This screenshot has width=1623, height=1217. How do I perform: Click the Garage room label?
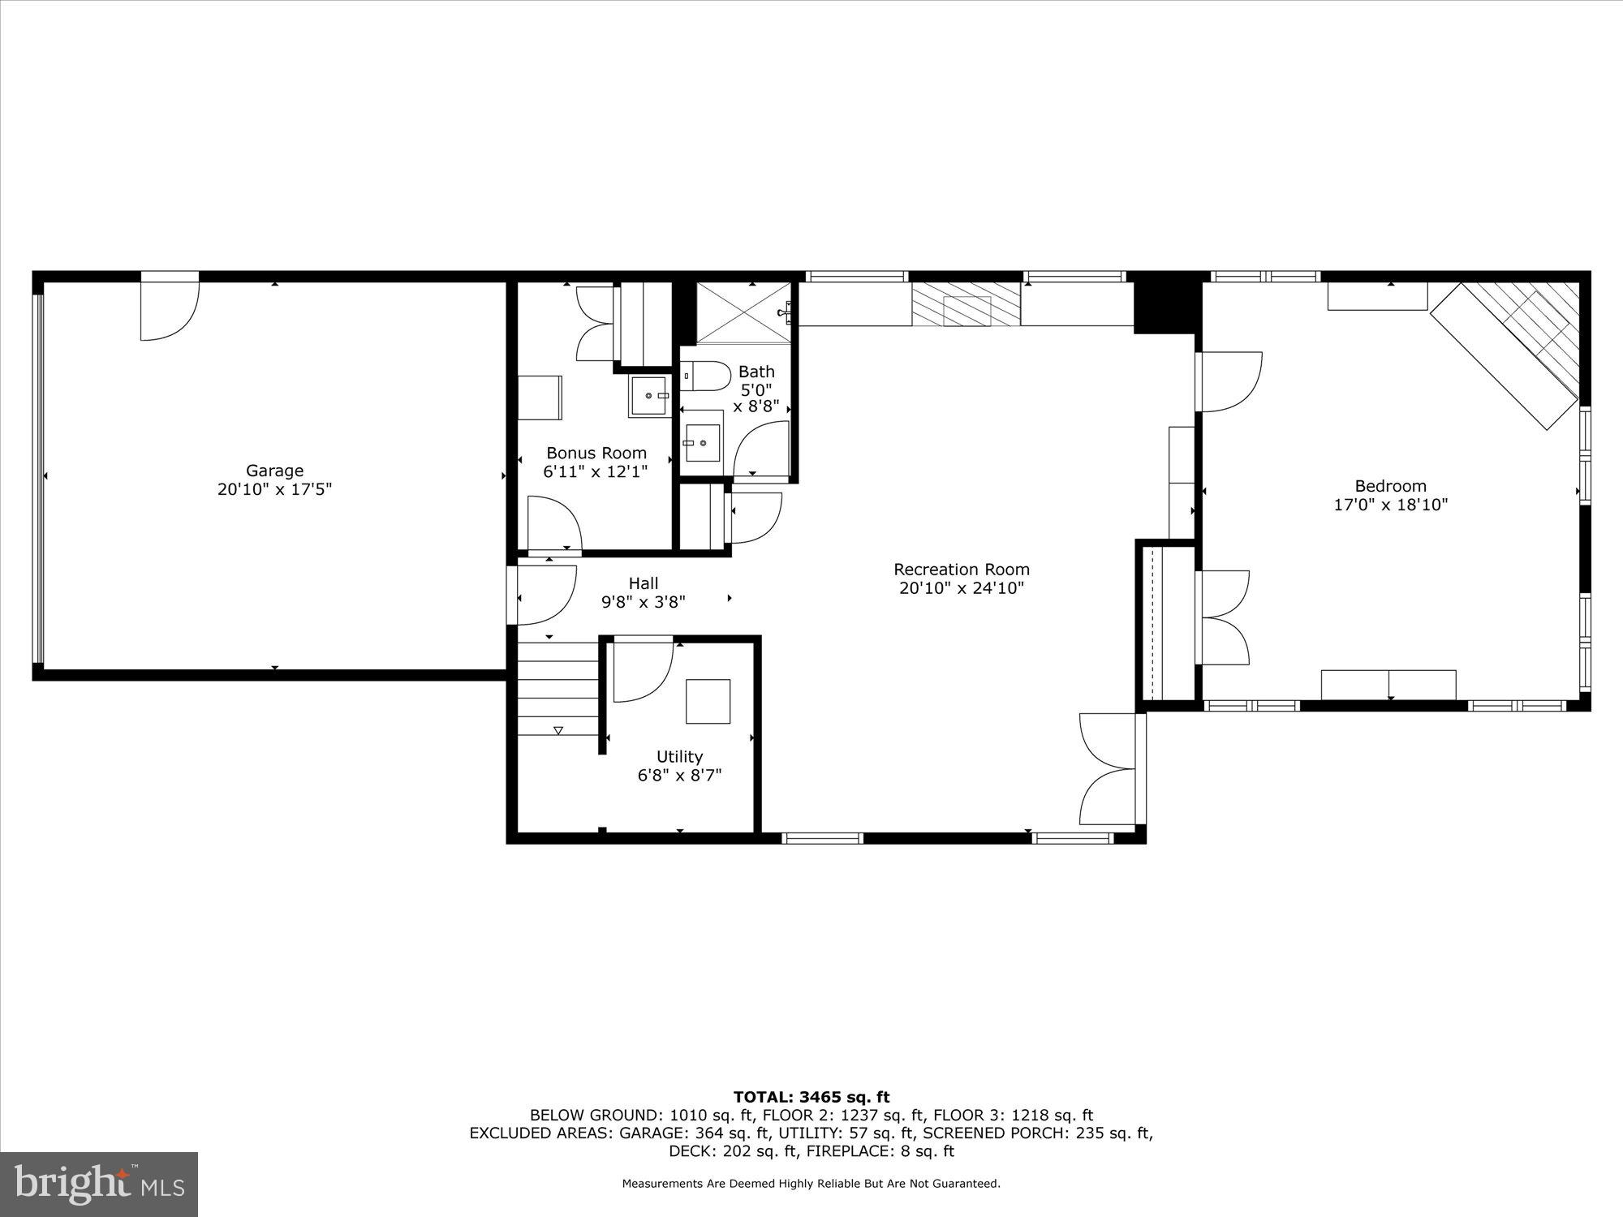coord(274,471)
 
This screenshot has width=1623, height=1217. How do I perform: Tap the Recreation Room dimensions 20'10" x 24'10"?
coord(962,588)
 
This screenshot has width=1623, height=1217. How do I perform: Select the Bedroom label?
coord(1390,486)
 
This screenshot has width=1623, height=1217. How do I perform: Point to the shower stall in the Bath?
coord(743,313)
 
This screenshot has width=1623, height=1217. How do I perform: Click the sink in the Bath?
coord(701,443)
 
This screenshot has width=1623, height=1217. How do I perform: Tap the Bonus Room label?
coord(596,453)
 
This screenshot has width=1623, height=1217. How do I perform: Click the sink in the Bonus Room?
coord(649,396)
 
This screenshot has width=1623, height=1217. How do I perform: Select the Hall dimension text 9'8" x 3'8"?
coord(643,602)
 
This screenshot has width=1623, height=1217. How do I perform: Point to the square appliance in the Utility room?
coord(708,701)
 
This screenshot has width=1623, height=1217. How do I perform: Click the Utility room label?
coord(679,756)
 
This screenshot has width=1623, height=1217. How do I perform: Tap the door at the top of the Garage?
coord(169,308)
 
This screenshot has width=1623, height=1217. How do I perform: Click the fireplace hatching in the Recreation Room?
coord(966,305)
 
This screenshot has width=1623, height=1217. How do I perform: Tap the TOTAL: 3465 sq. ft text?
coord(811,1097)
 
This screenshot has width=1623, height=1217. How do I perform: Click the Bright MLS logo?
coord(99,1184)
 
